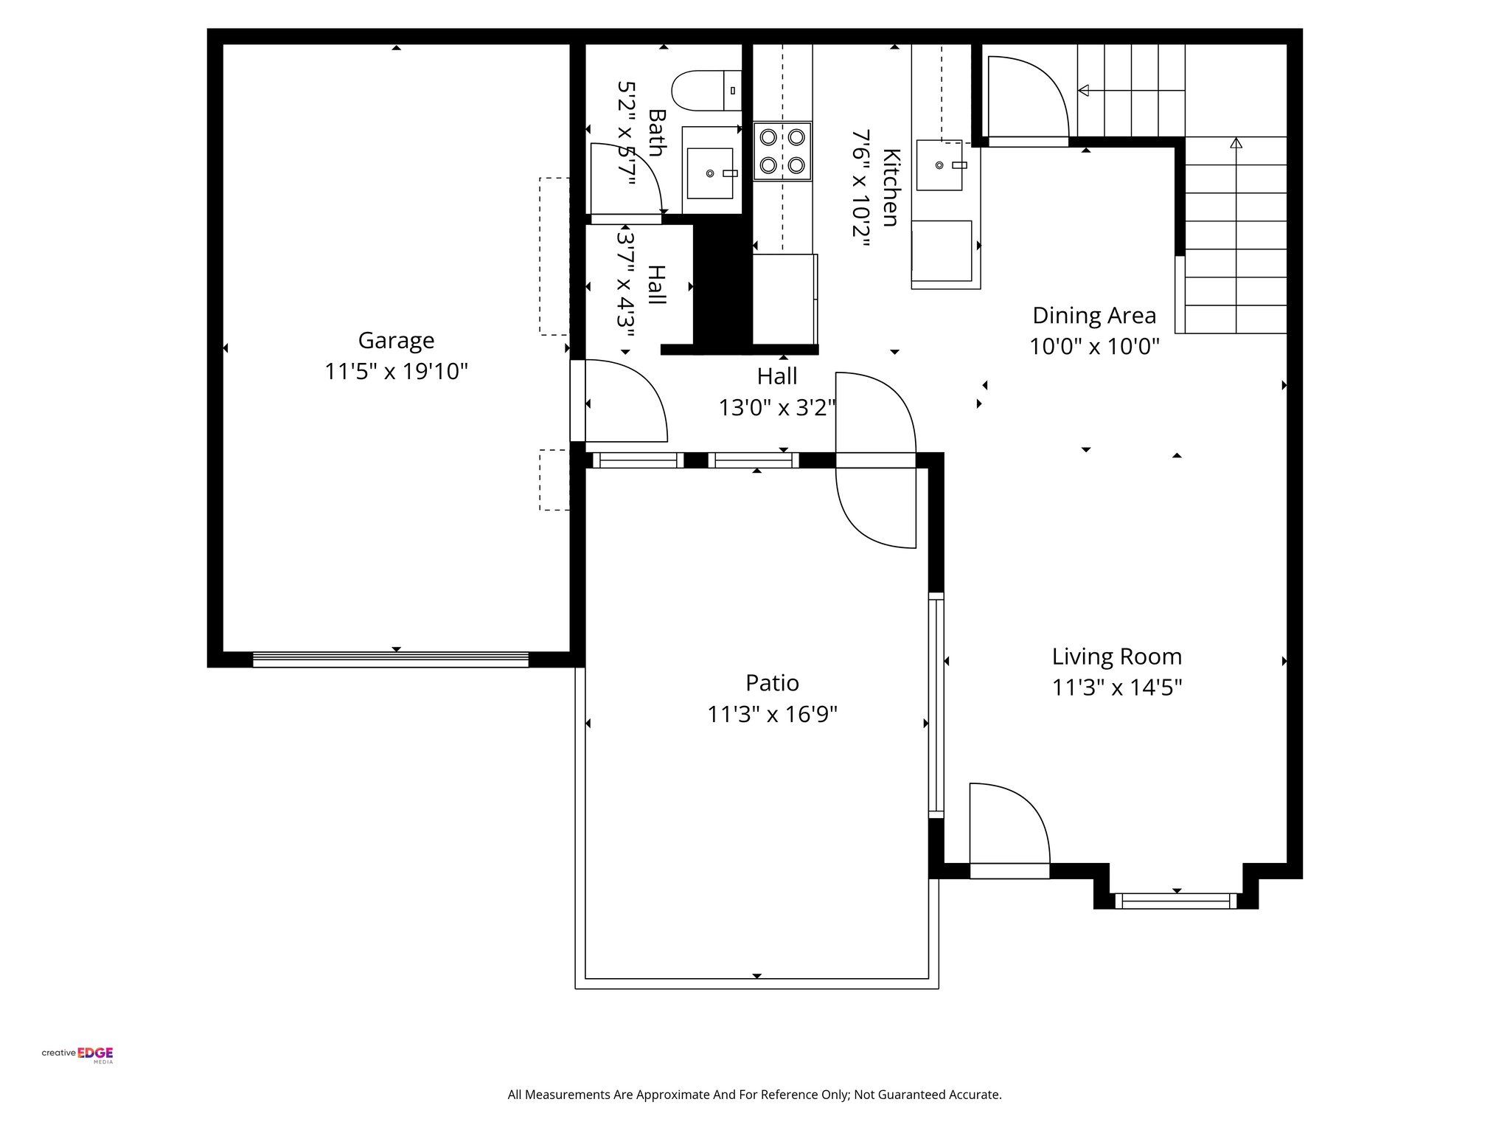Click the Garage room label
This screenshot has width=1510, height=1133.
[x=396, y=340]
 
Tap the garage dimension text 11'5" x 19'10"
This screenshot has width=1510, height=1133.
[x=396, y=372]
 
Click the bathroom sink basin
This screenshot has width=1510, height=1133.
[x=710, y=173]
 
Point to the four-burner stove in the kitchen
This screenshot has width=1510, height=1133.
[x=782, y=151]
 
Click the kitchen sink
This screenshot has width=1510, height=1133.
[x=939, y=165]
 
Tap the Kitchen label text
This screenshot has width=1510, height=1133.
[x=891, y=188]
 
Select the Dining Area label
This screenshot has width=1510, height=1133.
[x=1093, y=316]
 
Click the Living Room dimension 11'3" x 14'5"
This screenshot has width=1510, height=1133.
[x=1116, y=687]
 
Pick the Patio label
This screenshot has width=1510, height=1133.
[x=772, y=683]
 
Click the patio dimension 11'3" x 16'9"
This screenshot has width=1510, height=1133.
[x=772, y=715]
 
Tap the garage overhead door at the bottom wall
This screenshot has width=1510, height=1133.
[x=391, y=659]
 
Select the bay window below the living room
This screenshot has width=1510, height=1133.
[x=1175, y=901]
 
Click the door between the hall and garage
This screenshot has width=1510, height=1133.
[x=619, y=402]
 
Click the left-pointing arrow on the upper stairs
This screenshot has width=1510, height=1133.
[x=1084, y=91]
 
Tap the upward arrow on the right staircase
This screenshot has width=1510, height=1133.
[x=1236, y=142]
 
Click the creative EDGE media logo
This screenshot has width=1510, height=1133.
[x=77, y=1053]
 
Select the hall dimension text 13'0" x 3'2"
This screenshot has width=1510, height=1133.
[x=777, y=407]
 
